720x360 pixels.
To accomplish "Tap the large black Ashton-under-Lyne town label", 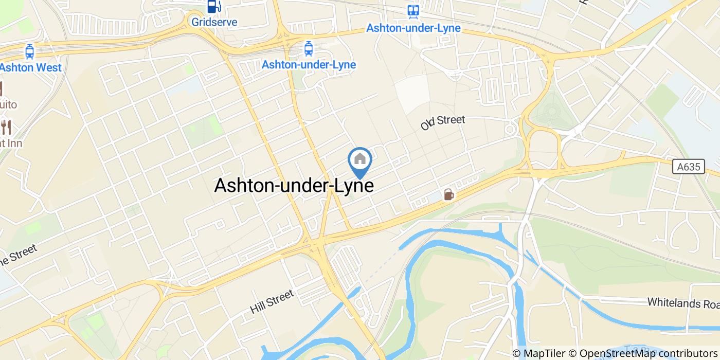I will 294,186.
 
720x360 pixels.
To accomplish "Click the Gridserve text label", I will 214,22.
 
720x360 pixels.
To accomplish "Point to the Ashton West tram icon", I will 30,51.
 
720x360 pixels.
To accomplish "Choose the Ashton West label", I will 31,67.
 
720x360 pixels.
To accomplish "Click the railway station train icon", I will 413,11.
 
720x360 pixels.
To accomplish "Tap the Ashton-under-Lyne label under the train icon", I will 413,28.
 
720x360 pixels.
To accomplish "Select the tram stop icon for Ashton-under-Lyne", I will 309,49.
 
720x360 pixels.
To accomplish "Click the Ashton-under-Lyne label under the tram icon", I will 309,65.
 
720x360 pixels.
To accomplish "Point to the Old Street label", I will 442,122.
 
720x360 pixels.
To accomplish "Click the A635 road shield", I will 688,166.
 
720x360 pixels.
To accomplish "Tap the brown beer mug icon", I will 449,194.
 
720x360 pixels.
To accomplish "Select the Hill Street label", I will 272,302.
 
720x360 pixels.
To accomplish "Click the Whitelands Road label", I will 683,302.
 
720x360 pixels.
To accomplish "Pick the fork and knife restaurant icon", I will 6,127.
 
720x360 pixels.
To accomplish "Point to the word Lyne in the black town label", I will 353,186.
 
